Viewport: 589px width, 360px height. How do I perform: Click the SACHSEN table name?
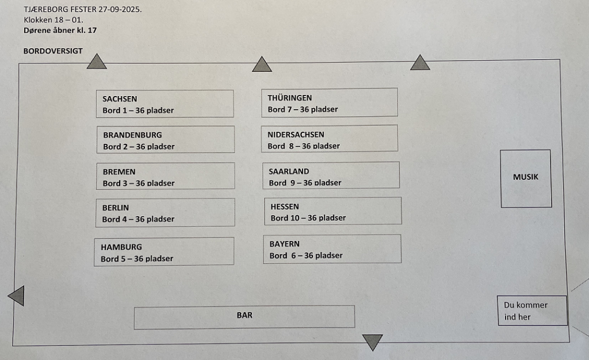coord(120,99)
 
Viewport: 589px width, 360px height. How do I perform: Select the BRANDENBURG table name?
coord(133,135)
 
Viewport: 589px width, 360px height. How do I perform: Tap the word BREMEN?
coord(119,171)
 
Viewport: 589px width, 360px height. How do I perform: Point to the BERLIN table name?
coord(116,208)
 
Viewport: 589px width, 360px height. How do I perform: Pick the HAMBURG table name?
coord(121,247)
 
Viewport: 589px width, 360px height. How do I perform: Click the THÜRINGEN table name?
coord(290,98)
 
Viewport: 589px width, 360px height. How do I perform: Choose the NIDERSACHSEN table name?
coord(296,135)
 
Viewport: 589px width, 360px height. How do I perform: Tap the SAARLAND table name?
coord(289,171)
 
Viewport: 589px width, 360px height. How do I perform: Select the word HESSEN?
coord(285,206)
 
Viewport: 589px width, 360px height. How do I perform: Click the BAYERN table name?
coord(284,244)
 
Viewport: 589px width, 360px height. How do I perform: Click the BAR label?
coord(244,315)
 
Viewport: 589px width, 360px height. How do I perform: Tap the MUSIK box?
coord(526,179)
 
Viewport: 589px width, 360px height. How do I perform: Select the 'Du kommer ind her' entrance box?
coord(532,311)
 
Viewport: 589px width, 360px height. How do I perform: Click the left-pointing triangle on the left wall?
coord(16,296)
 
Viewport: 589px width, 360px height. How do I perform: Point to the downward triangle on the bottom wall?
coord(373,342)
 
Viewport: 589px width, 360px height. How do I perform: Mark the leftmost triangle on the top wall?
coord(97,62)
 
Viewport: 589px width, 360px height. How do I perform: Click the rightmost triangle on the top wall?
coord(420,63)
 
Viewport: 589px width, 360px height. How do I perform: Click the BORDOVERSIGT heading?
coord(53,51)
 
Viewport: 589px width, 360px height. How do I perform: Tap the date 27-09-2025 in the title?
coord(120,9)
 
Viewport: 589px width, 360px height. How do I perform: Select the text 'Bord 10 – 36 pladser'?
coord(308,218)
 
